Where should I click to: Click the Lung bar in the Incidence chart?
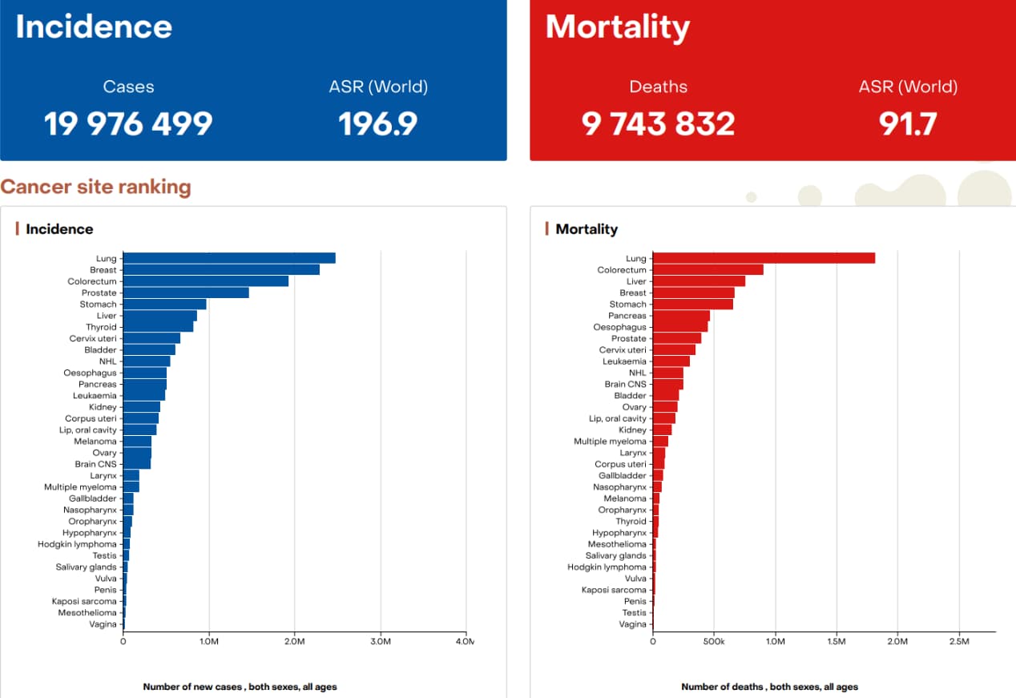tap(229, 258)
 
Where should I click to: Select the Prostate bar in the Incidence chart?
tap(186, 293)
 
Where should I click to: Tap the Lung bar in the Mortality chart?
tap(764, 258)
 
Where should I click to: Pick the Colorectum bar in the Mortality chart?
tap(708, 270)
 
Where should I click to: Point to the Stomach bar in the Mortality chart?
tap(693, 305)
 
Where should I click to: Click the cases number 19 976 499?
tap(128, 123)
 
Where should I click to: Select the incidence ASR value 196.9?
tap(378, 123)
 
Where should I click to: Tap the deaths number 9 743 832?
tap(658, 123)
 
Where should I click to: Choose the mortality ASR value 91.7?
tap(907, 123)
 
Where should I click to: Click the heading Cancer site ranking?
tap(96, 188)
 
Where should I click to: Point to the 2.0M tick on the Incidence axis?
tap(294, 641)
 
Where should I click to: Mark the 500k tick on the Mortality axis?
tap(713, 641)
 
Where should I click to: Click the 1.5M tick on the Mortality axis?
tap(837, 641)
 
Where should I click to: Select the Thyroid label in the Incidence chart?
tap(101, 327)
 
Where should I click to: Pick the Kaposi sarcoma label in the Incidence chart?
tap(84, 601)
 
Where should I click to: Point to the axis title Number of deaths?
tap(769, 687)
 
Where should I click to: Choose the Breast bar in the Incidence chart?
tap(221, 270)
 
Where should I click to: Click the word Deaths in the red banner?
tap(658, 87)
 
